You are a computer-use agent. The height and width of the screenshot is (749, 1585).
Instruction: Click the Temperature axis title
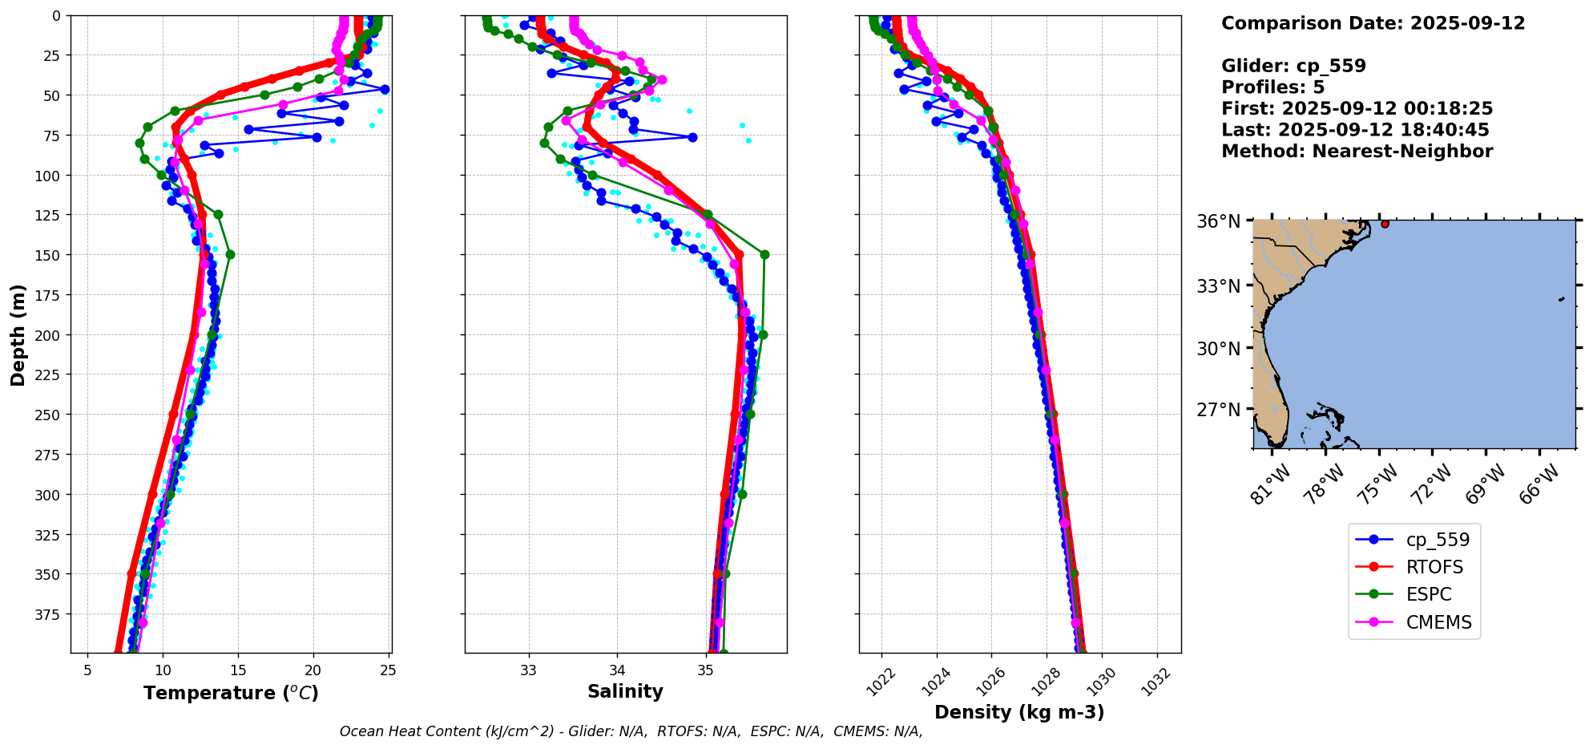231,693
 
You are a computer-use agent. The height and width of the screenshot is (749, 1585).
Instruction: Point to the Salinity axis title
625,691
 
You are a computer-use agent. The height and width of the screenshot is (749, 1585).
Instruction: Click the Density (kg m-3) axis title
1019,712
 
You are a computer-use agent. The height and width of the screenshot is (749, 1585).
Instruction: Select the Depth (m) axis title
18,334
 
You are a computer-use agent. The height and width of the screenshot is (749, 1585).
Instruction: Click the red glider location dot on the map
1385,224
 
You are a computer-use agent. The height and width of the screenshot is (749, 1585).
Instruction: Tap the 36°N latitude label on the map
1218,221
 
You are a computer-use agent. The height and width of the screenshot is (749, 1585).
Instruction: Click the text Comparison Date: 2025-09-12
1373,23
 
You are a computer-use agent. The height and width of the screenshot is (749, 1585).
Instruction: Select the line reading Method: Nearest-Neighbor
1357,152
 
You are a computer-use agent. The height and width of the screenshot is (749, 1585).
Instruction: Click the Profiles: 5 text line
1272,87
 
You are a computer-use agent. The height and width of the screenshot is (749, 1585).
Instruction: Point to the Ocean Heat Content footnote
631,731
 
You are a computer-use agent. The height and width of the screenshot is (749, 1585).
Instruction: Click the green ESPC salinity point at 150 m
764,254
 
